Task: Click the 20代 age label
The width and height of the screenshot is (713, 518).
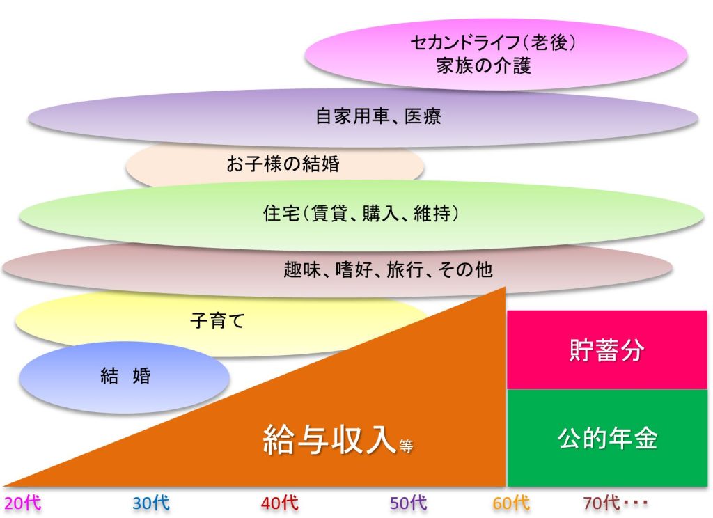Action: tap(23, 503)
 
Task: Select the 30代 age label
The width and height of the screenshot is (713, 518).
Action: tap(151, 503)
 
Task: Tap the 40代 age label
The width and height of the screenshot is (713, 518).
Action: tap(280, 503)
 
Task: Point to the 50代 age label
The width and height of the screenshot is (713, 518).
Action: tap(408, 503)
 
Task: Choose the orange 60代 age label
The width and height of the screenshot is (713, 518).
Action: tap(511, 503)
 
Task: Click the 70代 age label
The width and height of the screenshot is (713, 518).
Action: tap(601, 503)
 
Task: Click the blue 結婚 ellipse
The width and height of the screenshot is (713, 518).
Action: tap(124, 377)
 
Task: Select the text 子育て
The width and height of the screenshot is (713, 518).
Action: tap(217, 321)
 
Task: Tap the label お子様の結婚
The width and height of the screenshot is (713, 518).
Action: tap(283, 164)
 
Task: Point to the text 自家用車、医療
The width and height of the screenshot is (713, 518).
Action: tap(378, 116)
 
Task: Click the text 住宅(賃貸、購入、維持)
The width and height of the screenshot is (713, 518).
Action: tap(361, 213)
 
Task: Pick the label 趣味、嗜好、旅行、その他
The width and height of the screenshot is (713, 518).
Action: tap(388, 269)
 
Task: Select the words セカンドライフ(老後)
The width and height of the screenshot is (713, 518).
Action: tap(494, 42)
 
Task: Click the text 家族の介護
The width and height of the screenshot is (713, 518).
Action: tap(483, 65)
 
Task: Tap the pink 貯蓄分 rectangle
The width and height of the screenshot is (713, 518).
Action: tap(607, 350)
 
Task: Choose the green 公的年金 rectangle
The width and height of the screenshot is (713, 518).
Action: tap(607, 438)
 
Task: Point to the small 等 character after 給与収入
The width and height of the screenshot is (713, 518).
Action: tap(407, 446)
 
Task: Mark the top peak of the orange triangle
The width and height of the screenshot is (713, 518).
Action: tap(506, 287)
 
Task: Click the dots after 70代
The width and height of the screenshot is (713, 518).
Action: tap(635, 503)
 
